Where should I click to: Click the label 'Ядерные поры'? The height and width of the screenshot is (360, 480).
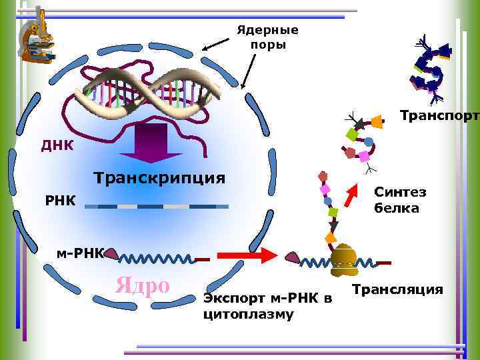click(268, 37)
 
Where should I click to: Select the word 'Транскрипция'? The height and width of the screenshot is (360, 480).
click(159, 178)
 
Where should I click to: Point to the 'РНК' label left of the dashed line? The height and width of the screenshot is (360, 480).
click(60, 200)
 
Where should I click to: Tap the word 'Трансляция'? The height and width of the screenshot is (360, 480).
click(397, 289)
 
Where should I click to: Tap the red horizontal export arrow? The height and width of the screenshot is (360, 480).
click(247, 254)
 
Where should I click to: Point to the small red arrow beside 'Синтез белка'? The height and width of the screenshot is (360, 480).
click(351, 197)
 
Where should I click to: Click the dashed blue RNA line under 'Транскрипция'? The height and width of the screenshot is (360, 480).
click(153, 207)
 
